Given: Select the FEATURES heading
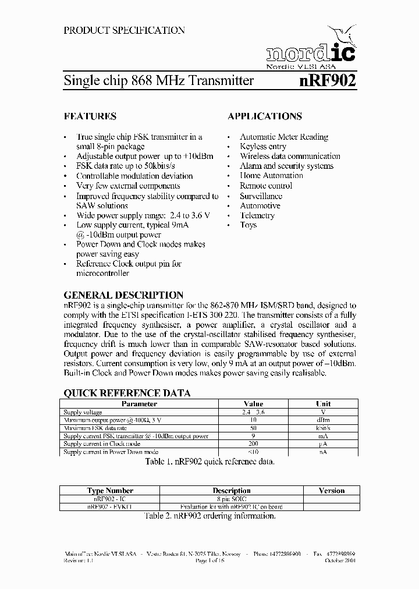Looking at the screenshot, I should tap(90, 116).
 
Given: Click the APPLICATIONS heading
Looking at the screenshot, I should tap(265, 116).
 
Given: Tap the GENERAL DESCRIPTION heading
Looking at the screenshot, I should tap(123, 295).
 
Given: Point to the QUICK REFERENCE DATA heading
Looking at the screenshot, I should tap(127, 393).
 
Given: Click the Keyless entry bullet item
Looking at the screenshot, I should tap(263, 147).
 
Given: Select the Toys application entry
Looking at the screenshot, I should tap(248, 225).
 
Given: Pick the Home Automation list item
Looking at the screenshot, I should tap(272, 176).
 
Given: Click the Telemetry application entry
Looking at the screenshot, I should tap(257, 215).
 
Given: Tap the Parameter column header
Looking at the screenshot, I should tap(139, 403).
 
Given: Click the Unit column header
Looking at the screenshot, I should tap(324, 403).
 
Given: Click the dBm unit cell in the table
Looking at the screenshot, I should tap(324, 420).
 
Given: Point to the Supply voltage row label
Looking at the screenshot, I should tap(83, 411).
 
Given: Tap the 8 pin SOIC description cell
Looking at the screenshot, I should tap(231, 499).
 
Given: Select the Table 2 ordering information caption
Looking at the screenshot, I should tap(210, 516).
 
